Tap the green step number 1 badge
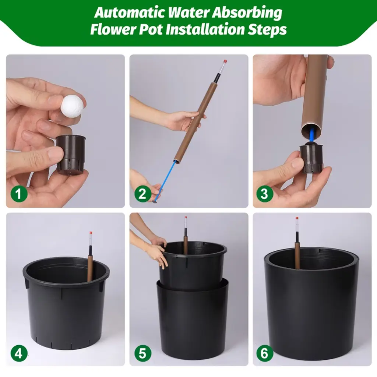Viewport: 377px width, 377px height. pyautogui.click(x=19, y=194)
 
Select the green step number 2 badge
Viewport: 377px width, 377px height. pyautogui.click(x=143, y=194)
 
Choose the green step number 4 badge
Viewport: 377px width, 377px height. pyautogui.click(x=19, y=353)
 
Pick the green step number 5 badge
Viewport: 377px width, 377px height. pyautogui.click(x=143, y=353)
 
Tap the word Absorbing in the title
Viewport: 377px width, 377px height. pyautogui.click(x=247, y=13)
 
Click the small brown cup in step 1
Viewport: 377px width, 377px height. pyautogui.click(x=71, y=154)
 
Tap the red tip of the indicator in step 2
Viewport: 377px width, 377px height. pyautogui.click(x=225, y=61)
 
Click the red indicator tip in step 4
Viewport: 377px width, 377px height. pyautogui.click(x=91, y=233)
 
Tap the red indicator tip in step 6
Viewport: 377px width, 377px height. pyautogui.click(x=297, y=218)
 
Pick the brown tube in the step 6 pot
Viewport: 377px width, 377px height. pyautogui.click(x=297, y=256)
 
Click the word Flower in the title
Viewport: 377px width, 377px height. pyautogui.click(x=113, y=29)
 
